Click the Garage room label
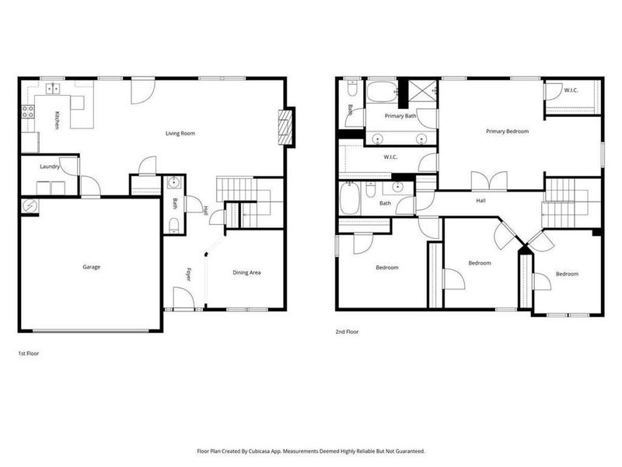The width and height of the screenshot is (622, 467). click(x=92, y=267)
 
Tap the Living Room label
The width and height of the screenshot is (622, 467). click(x=180, y=134)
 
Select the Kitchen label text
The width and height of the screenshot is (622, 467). click(x=57, y=120)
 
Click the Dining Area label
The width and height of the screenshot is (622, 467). click(x=246, y=272)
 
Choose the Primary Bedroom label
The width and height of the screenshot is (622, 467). click(x=507, y=132)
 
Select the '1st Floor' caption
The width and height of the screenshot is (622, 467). click(x=29, y=353)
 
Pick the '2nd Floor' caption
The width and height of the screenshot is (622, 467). click(x=348, y=332)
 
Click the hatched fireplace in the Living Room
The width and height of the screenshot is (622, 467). click(x=285, y=127)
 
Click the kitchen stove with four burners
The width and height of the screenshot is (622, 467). click(x=27, y=110)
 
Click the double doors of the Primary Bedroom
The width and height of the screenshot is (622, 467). click(x=491, y=181)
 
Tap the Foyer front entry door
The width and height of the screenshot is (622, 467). click(x=183, y=298)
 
